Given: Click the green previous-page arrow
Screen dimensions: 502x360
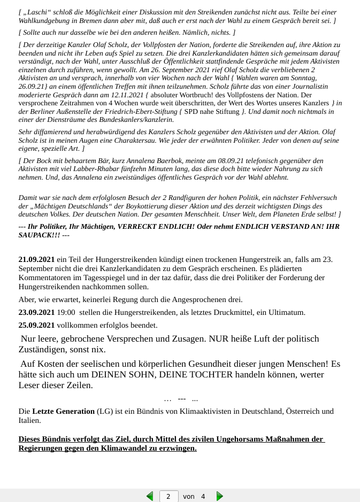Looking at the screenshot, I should point(150,496).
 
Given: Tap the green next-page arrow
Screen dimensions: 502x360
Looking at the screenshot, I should point(219,496).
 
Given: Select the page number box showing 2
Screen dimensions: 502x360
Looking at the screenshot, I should point(168,496).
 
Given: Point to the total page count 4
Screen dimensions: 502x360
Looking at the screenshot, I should point(203,496).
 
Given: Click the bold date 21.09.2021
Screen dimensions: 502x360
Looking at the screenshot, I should point(36,259).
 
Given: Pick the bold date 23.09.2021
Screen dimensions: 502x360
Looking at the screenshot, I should point(36,312).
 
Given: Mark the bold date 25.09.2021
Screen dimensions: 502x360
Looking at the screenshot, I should point(36,325).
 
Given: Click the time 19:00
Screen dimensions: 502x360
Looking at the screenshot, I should point(66,312).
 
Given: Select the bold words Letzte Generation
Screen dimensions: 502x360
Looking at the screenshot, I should point(63,411).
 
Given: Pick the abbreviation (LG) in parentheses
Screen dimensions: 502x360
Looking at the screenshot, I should point(104,411).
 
